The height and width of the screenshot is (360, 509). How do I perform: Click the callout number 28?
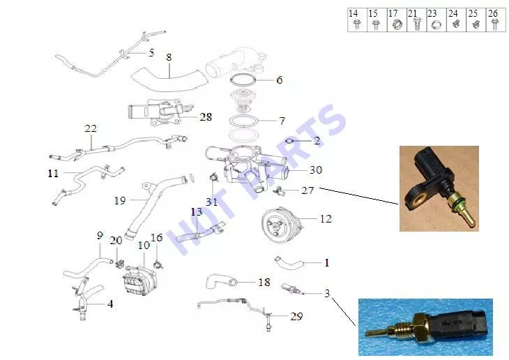[206, 117]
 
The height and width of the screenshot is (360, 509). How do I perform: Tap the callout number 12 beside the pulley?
[326, 218]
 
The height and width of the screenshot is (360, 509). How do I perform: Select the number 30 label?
[316, 170]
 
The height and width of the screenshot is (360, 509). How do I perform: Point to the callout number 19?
[120, 200]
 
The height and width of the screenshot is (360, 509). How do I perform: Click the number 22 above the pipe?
[91, 128]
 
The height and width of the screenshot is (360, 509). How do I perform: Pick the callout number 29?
[296, 316]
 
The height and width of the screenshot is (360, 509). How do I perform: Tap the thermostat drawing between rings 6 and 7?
[241, 100]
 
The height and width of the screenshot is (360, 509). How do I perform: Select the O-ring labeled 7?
[243, 121]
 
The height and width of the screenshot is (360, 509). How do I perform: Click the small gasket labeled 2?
[289, 141]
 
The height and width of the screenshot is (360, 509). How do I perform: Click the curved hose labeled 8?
[170, 79]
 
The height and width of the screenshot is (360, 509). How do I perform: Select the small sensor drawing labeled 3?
[291, 288]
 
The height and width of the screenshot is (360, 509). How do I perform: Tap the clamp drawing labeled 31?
[213, 178]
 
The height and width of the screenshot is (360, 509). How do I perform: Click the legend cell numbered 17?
[397, 20]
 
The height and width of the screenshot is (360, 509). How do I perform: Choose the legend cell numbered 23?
[436, 20]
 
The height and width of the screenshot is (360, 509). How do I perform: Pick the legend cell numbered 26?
[496, 20]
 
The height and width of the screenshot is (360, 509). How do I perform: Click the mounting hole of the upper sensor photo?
[417, 199]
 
